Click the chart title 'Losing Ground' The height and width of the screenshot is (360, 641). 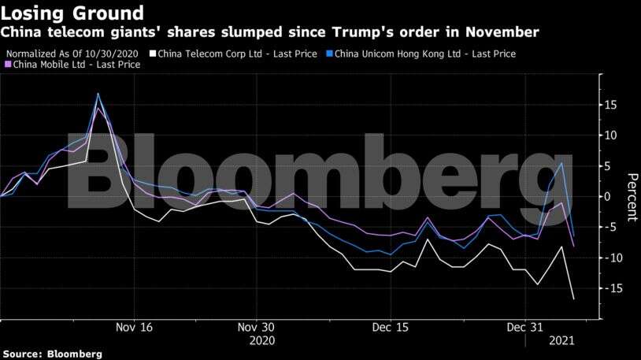pos(72,13)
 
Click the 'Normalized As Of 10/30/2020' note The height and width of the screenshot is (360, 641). pos(76,54)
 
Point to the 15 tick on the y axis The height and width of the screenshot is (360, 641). pos(611,105)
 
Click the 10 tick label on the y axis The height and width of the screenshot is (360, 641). pos(611,135)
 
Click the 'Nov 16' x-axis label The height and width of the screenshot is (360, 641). pos(134,328)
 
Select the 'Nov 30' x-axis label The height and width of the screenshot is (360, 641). pos(257,328)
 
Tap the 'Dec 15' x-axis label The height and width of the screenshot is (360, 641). pos(391,328)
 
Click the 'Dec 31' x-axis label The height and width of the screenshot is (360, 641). pos(524,328)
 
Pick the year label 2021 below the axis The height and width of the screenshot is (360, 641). pos(561,342)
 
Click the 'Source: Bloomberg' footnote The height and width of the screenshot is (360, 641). pos(52,354)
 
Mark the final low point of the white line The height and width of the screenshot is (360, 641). pos(573,299)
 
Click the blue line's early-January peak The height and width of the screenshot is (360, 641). pos(561,163)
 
